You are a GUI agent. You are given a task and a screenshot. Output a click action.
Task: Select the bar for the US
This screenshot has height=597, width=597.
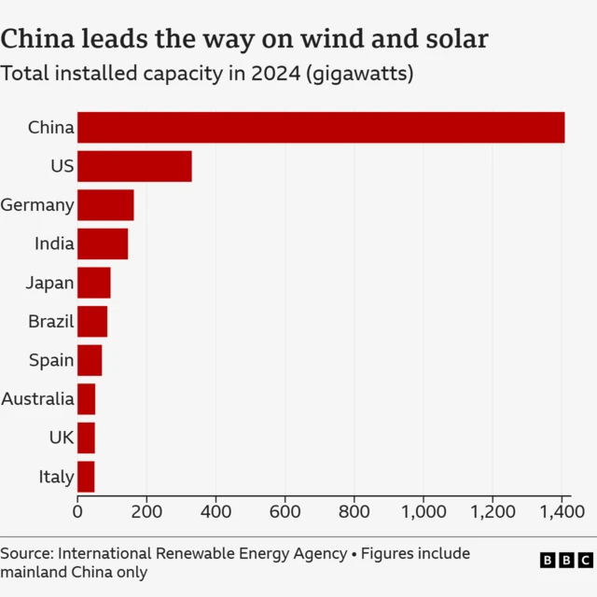click(x=134, y=166)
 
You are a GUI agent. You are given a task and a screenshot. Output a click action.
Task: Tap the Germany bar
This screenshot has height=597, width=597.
click(x=105, y=205)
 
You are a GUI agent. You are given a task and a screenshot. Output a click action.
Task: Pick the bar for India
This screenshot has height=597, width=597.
click(x=103, y=243)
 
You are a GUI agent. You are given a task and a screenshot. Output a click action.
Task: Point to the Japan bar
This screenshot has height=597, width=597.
click(x=94, y=283)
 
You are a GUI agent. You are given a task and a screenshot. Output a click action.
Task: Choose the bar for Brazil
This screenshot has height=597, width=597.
click(x=92, y=321)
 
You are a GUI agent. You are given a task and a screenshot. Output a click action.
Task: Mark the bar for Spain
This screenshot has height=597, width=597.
click(x=90, y=360)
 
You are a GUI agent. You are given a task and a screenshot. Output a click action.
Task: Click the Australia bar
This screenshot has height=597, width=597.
click(x=87, y=399)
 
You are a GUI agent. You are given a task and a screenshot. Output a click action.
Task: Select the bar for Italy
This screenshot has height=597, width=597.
click(x=86, y=477)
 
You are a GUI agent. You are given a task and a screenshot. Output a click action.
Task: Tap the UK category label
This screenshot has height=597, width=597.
click(x=62, y=437)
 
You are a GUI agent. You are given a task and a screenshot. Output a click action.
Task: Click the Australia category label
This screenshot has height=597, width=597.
click(x=37, y=399)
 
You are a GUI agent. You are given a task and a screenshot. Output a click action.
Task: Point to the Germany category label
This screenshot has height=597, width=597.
click(x=37, y=205)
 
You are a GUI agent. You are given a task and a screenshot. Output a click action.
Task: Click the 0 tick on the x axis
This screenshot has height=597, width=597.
click(x=77, y=511)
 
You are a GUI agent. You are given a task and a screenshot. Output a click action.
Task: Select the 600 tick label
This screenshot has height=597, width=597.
click(x=285, y=511)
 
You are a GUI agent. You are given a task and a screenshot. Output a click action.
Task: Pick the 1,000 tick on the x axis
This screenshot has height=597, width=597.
click(x=423, y=511)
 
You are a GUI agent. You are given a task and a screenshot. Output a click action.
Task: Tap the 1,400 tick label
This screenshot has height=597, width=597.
click(x=562, y=511)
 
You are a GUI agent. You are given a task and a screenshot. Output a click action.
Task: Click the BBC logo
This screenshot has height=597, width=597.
click(x=566, y=560)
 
